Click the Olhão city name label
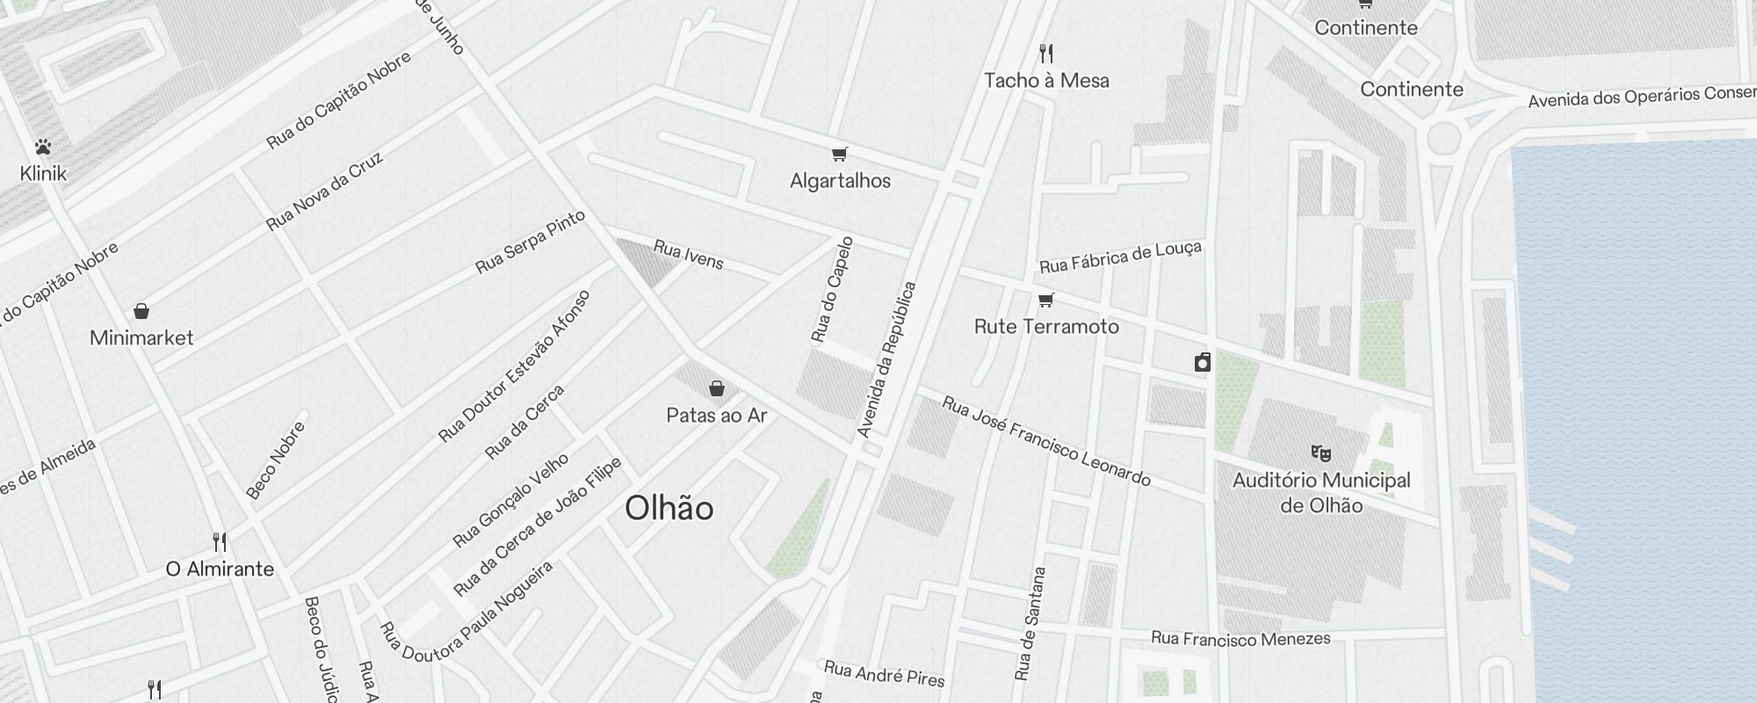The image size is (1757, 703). click(x=669, y=508)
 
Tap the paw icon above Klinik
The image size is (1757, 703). click(x=43, y=146)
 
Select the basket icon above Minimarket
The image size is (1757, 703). click(x=141, y=311)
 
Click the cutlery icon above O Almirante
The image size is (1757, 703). click(x=221, y=542)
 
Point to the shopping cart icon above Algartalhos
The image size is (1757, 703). click(x=840, y=155)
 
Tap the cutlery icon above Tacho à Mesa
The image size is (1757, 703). click(x=1046, y=54)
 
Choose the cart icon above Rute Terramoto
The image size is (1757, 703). click(x=1046, y=301)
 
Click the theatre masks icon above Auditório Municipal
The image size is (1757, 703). click(x=1321, y=453)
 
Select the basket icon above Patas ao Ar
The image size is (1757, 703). click(x=717, y=388)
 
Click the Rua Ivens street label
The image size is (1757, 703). click(x=688, y=255)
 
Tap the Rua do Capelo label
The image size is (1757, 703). click(x=832, y=289)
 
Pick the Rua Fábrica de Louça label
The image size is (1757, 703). click(x=1120, y=257)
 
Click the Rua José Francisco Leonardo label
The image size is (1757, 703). click(x=1045, y=441)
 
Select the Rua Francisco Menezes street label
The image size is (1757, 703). click(x=1240, y=639)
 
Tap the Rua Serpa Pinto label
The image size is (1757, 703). click(x=530, y=243)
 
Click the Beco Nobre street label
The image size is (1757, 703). click(x=276, y=460)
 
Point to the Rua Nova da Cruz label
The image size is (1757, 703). click(x=325, y=192)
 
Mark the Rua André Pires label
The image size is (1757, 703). click(x=884, y=674)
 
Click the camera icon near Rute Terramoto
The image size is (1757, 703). click(x=1203, y=362)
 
